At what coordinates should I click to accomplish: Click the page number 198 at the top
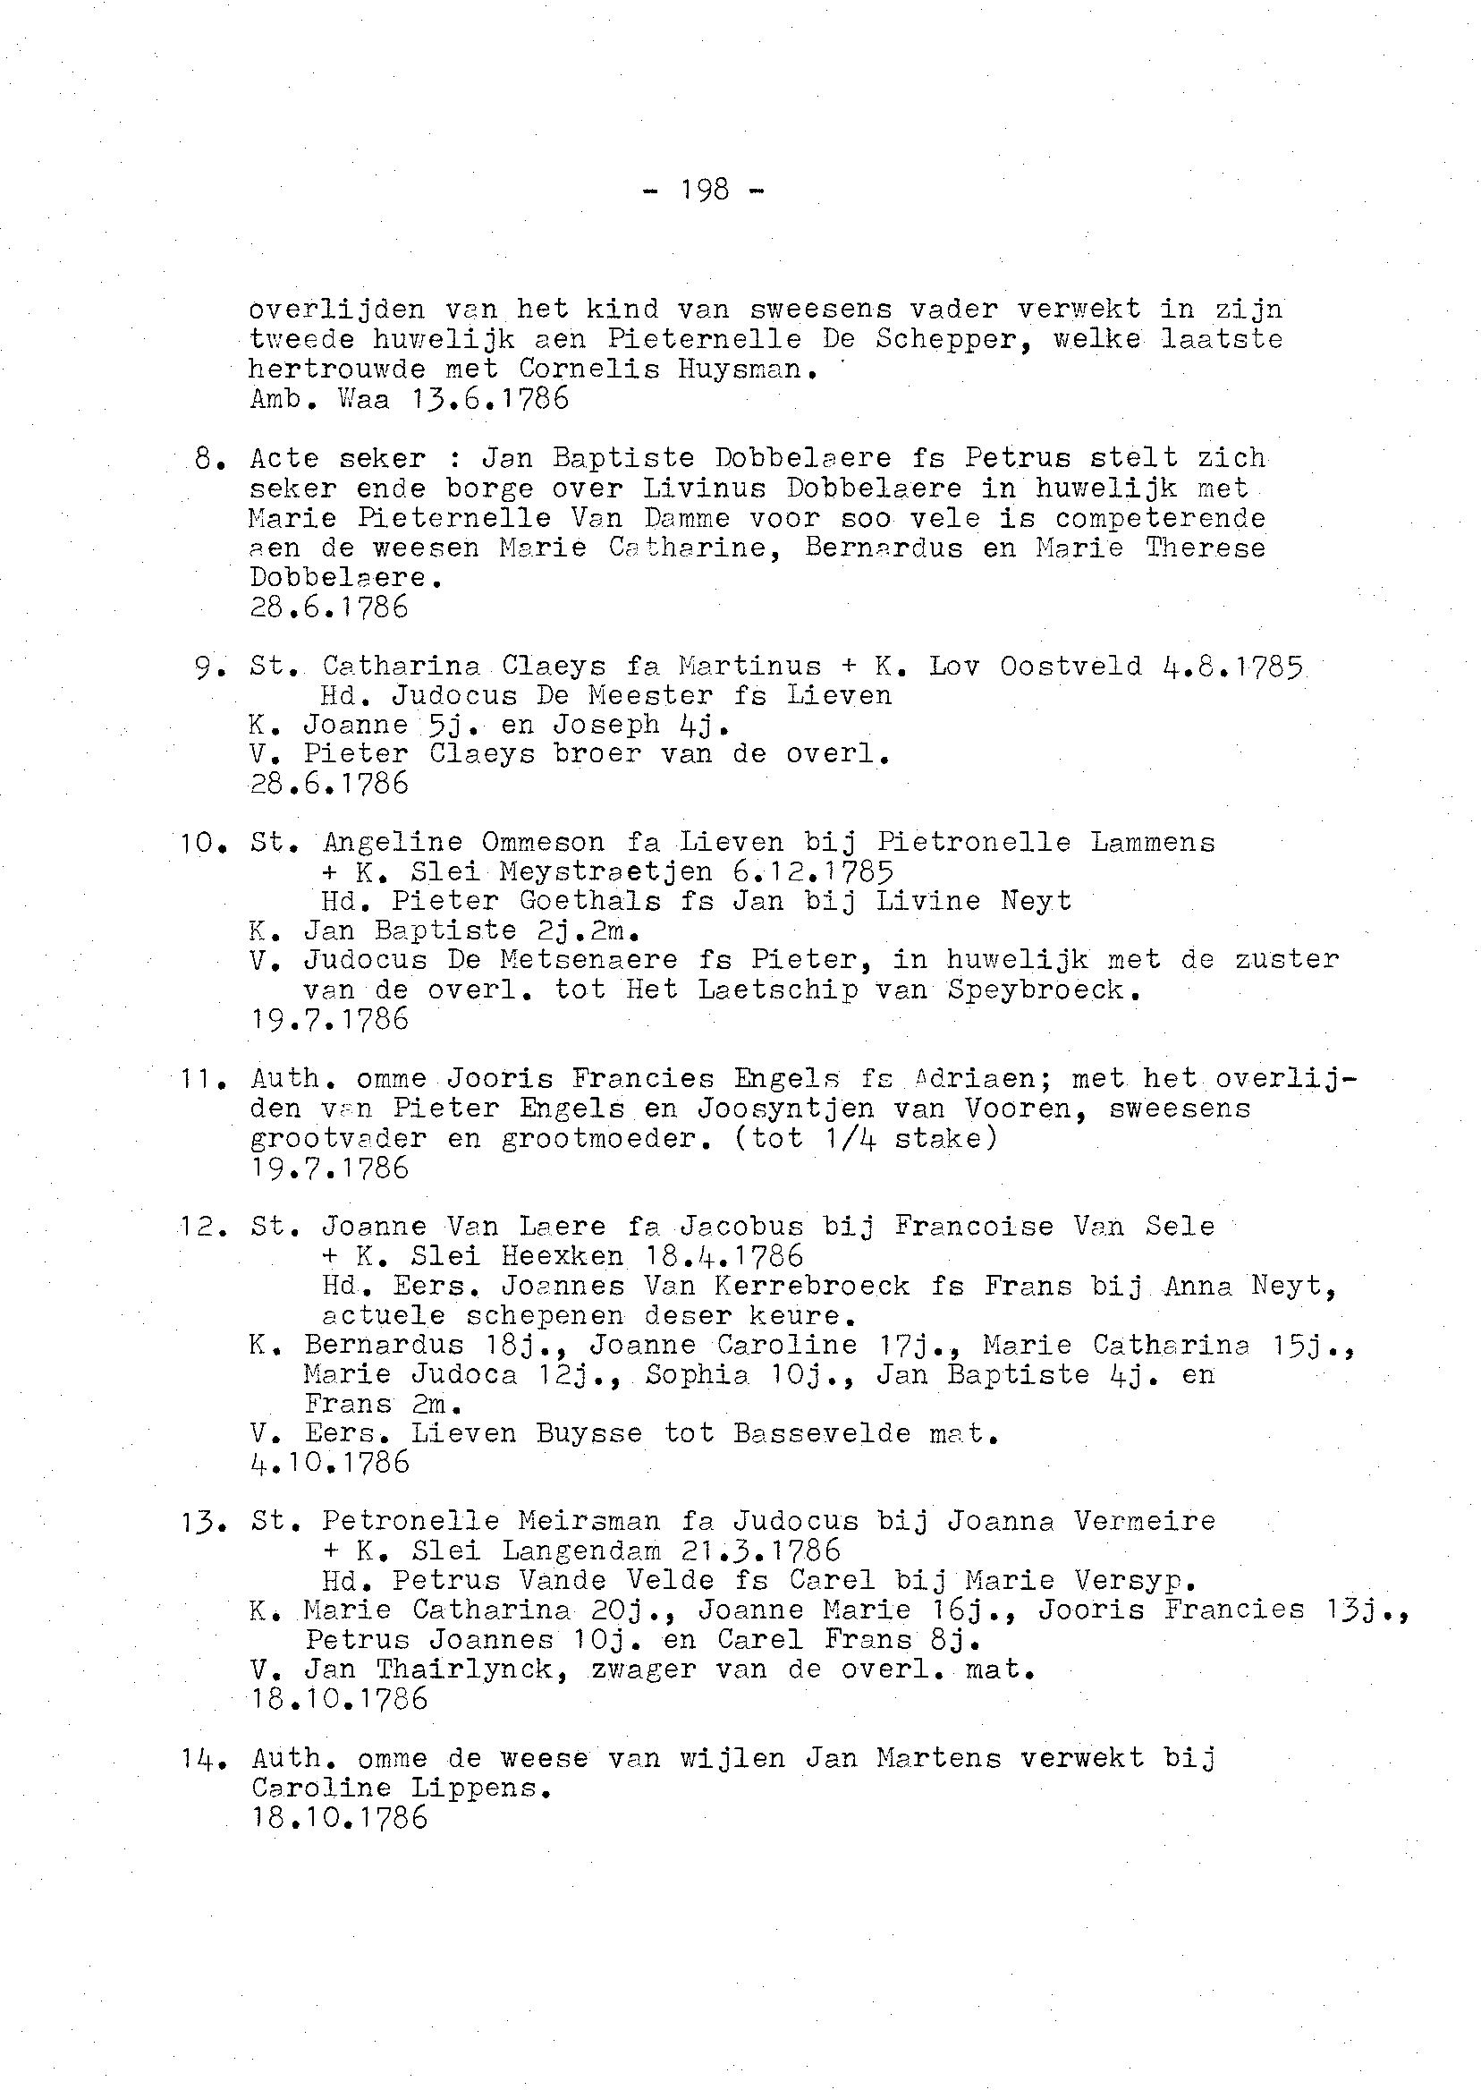click(705, 190)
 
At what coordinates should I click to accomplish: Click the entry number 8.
click(205, 459)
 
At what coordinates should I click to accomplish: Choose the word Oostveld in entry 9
click(1071, 667)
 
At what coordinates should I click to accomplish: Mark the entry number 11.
click(197, 1079)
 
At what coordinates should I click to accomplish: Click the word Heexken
click(562, 1256)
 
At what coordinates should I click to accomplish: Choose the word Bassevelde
click(822, 1433)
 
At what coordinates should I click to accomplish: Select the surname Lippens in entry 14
click(481, 1787)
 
